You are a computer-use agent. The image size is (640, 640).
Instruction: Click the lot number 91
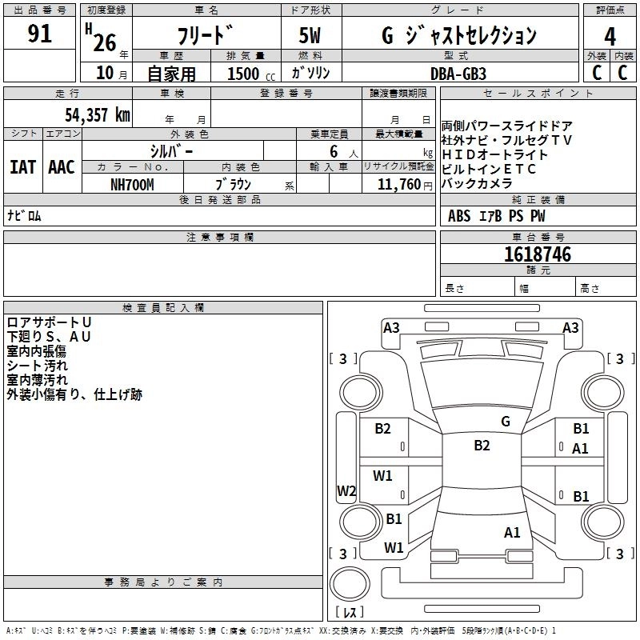tap(39, 34)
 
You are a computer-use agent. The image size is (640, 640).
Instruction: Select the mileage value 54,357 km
tap(98, 114)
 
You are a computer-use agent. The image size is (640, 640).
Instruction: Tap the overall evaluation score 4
tap(610, 36)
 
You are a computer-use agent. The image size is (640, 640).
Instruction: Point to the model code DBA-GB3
tap(458, 74)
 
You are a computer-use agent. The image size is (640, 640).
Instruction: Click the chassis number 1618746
tap(538, 254)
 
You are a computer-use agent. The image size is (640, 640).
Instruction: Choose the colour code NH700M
tap(132, 185)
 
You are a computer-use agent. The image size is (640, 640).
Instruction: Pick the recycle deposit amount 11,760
tap(399, 184)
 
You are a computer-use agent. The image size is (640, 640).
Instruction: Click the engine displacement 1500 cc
tap(251, 74)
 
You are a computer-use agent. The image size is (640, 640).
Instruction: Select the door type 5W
tap(310, 35)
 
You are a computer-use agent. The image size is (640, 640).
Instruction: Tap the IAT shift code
tap(23, 167)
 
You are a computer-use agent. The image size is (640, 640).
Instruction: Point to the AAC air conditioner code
tap(62, 167)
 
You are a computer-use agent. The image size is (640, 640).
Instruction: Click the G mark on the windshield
tap(506, 422)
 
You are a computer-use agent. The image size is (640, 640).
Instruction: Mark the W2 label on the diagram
tap(346, 490)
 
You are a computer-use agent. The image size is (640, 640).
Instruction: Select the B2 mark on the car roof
tap(482, 445)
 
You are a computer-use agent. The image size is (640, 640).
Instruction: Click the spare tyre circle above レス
tap(350, 584)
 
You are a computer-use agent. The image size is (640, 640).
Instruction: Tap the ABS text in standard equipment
tap(459, 215)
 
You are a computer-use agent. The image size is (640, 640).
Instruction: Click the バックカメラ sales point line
tap(477, 184)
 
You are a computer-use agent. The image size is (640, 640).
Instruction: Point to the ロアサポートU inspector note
tap(49, 322)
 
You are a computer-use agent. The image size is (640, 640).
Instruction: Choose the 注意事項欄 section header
tap(220, 237)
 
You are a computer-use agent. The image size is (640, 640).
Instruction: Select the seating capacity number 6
tap(334, 151)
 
